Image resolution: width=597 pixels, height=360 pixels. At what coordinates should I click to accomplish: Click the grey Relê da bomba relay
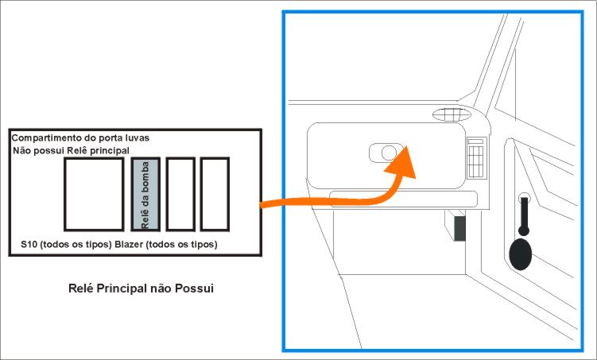(145, 195)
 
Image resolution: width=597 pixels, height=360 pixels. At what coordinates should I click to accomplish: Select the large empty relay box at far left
(94, 195)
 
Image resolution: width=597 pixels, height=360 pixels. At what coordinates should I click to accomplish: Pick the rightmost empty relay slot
(215, 195)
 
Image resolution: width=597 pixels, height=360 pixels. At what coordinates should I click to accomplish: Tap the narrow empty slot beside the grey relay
(180, 195)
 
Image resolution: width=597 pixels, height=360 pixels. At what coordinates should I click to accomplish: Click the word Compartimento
(45, 138)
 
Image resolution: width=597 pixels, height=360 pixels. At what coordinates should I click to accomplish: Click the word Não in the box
(25, 150)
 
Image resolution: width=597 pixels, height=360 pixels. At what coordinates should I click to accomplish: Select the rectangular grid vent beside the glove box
(477, 157)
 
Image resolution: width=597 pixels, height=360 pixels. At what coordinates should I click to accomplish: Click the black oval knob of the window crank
(521, 254)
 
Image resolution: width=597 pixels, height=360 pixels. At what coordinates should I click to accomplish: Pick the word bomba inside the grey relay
(146, 182)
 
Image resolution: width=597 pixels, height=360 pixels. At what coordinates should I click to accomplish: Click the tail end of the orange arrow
(265, 205)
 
